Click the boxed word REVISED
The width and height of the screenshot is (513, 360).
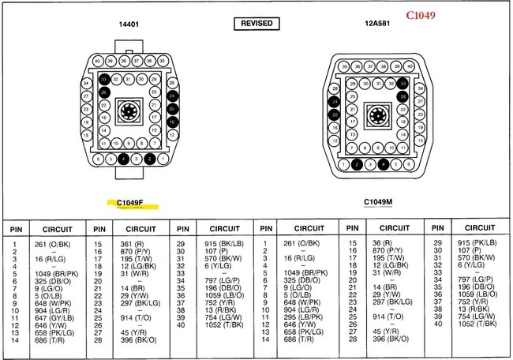[256, 24]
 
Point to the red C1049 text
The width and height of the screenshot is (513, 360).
[441, 15]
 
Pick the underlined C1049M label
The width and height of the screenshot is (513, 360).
[379, 201]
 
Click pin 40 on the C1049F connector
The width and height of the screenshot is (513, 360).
[96, 61]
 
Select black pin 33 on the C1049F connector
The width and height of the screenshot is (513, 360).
[104, 80]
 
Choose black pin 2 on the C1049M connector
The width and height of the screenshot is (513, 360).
[358, 164]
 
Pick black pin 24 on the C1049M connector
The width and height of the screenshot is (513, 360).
[335, 103]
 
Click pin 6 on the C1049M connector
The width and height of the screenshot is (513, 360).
[409, 164]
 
